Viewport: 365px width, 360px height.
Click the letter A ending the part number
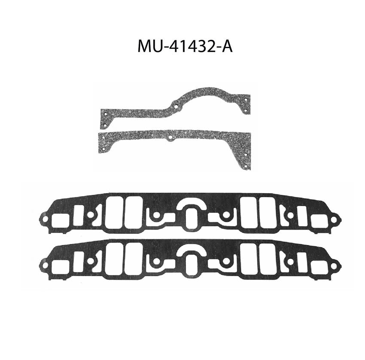click(227, 47)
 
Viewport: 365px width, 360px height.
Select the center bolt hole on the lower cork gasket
click(170, 138)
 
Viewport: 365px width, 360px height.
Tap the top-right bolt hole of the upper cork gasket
click(246, 100)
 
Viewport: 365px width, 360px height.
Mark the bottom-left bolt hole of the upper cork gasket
click(104, 125)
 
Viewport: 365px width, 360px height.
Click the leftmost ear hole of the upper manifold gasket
click(45, 219)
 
